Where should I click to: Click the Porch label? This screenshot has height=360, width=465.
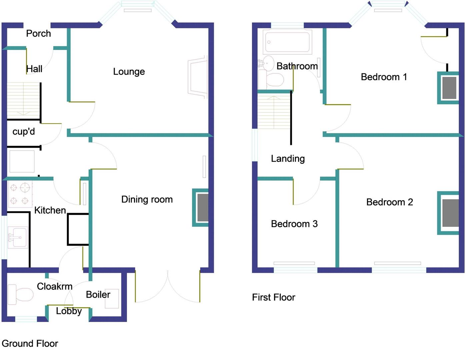point(38,34)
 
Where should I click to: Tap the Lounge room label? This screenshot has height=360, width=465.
point(129,72)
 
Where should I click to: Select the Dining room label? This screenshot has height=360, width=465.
point(147,199)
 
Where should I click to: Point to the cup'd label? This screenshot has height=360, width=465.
point(24,132)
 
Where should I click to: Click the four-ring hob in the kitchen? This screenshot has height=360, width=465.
point(20,194)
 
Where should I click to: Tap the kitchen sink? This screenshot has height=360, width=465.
point(17,237)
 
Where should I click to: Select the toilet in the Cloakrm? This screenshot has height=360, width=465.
point(21,294)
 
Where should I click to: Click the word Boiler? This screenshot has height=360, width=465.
point(98,295)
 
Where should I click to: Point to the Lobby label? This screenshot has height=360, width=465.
point(69,311)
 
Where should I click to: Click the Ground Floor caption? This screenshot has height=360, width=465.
point(30,344)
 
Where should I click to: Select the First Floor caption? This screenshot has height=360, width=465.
point(274,297)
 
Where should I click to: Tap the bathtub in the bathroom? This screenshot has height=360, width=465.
point(287,42)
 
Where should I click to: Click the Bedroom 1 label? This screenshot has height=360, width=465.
point(384,77)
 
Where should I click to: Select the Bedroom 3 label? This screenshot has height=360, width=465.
point(294,224)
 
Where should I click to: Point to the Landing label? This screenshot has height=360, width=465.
point(288,159)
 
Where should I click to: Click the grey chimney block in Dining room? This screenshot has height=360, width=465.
point(203,208)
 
